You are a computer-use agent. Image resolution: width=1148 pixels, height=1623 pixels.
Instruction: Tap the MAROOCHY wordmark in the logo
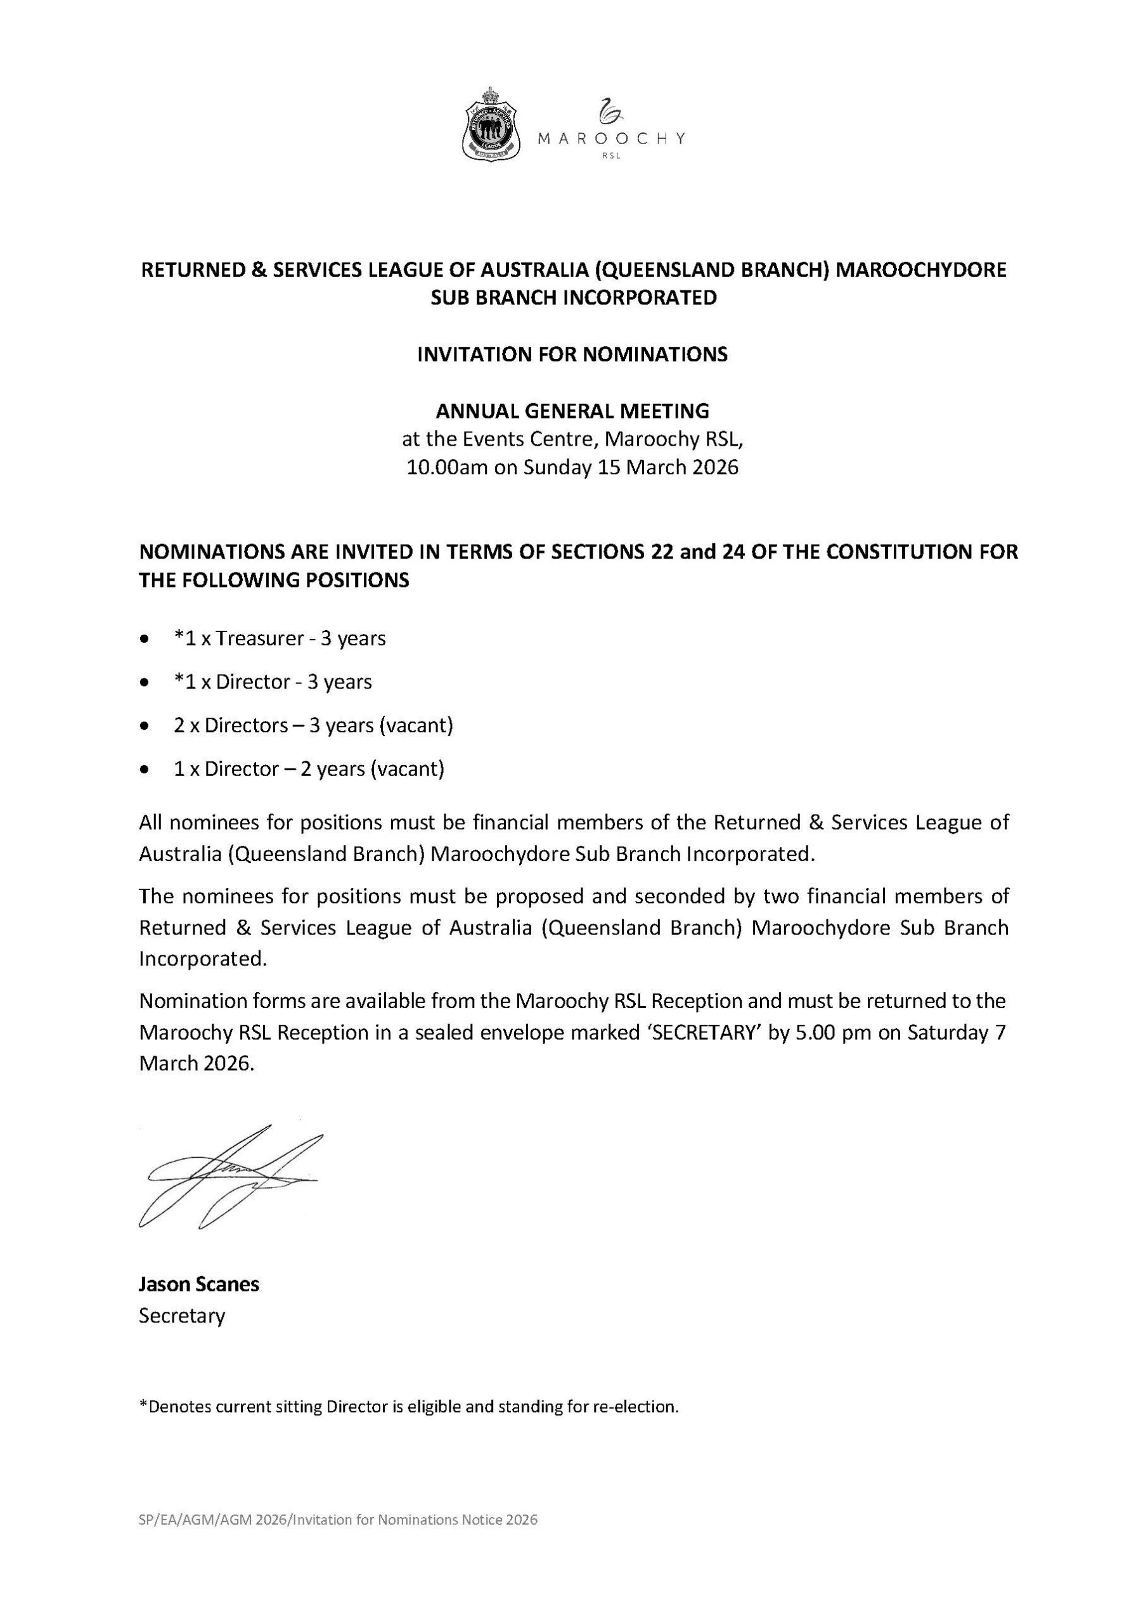pyautogui.click(x=610, y=139)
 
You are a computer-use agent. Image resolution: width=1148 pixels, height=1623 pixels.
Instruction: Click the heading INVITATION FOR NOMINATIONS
pyautogui.click(x=572, y=354)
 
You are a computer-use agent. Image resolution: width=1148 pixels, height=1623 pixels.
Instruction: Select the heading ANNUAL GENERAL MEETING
pyautogui.click(x=572, y=411)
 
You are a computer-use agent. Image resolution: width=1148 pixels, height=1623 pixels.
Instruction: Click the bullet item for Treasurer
pyautogui.click(x=280, y=638)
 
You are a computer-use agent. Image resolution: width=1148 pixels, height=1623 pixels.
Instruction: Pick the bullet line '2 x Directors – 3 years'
pyautogui.click(x=313, y=725)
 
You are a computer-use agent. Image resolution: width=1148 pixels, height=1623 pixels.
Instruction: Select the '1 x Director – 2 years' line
pyautogui.click(x=309, y=768)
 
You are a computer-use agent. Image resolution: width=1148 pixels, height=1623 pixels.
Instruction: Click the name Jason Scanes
pyautogui.click(x=198, y=1284)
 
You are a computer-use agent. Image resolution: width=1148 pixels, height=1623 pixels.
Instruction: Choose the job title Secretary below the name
pyautogui.click(x=182, y=1316)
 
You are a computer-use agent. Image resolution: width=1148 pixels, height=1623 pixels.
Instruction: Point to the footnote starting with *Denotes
pyautogui.click(x=409, y=1406)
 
